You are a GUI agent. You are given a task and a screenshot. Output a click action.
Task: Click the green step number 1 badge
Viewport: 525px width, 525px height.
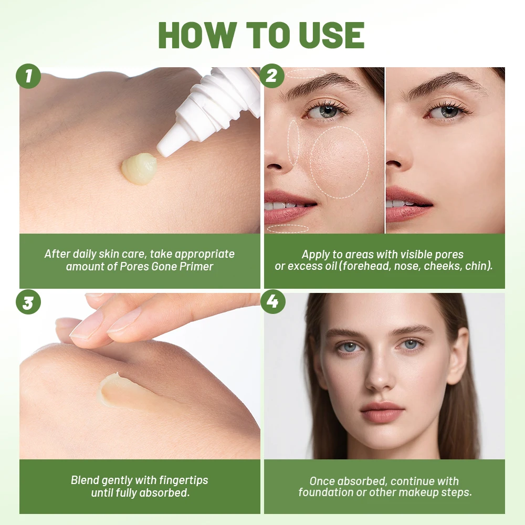[x=28, y=77]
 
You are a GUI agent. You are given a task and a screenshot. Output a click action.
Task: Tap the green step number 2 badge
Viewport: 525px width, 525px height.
[x=272, y=77]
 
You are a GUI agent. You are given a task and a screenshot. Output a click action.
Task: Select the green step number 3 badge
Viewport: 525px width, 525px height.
[x=28, y=303]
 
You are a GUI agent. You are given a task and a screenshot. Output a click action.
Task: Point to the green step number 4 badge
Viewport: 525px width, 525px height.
[x=272, y=303]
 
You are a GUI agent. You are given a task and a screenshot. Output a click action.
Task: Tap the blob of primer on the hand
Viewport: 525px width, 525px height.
[x=139, y=169]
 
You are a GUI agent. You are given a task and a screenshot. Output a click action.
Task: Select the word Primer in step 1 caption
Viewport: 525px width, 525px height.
[x=196, y=266]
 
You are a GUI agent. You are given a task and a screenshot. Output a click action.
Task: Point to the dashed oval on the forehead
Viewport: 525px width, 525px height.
[x=306, y=73]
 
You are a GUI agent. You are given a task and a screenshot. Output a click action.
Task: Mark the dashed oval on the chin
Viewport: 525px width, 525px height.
[x=288, y=228]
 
